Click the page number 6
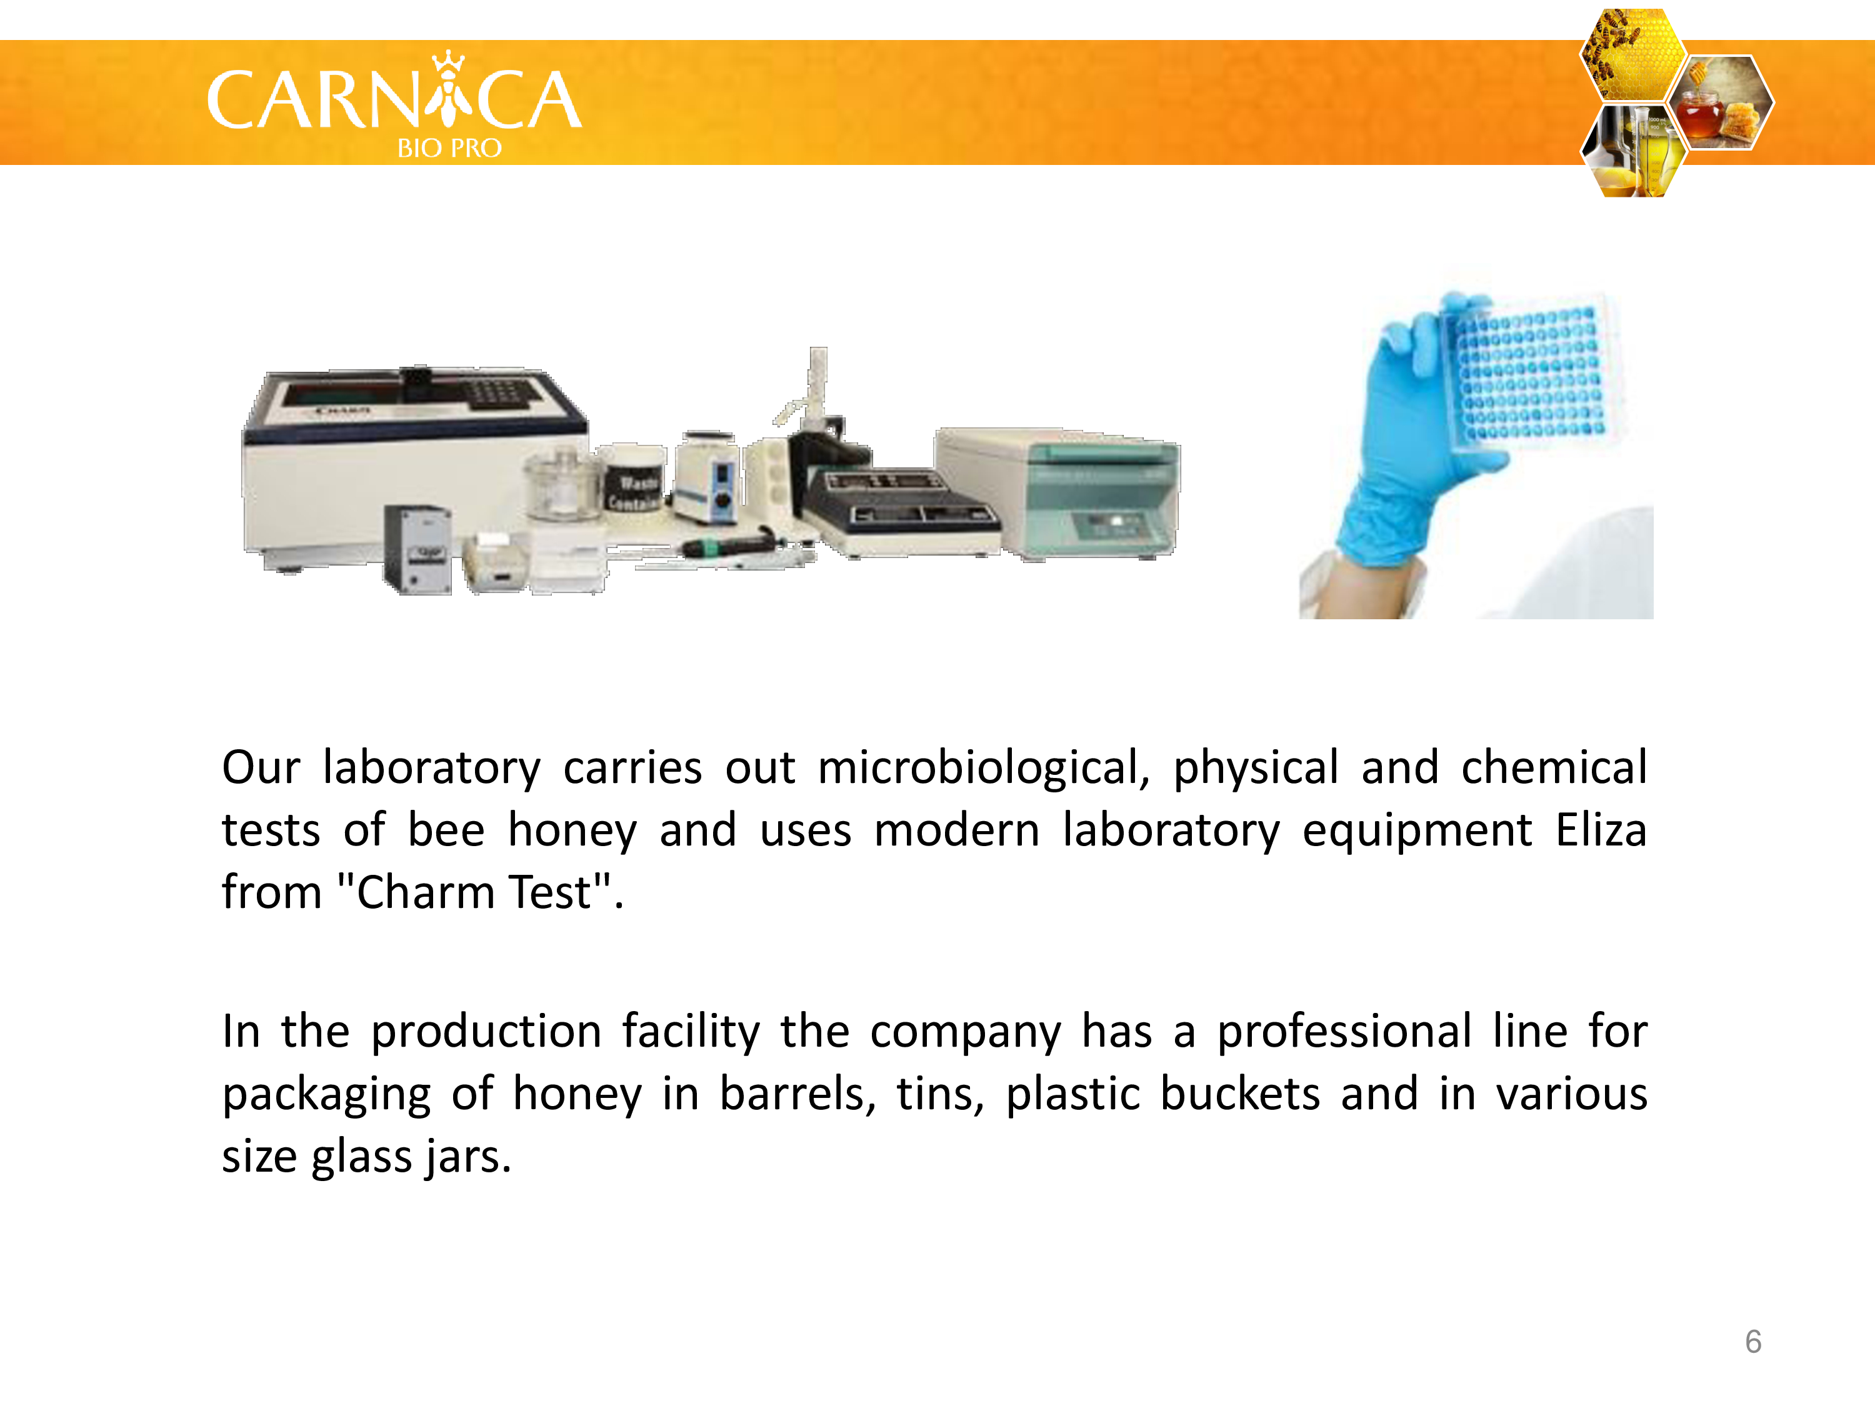[1753, 1342]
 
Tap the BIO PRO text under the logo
[449, 148]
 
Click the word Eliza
[1601, 830]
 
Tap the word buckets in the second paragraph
[1240, 1094]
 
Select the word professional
[1344, 1032]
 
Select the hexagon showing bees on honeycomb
[1632, 54]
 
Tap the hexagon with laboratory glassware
[1632, 151]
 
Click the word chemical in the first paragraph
[1554, 768]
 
